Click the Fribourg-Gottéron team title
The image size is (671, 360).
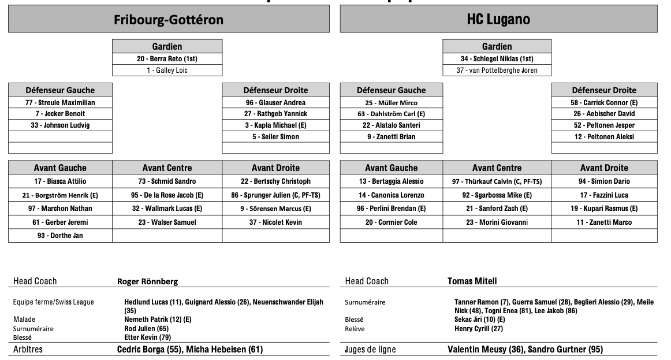pyautogui.click(x=169, y=20)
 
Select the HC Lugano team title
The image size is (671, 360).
pyautogui.click(x=498, y=20)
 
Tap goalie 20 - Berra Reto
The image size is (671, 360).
pyautogui.click(x=167, y=58)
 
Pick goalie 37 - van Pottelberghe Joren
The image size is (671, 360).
pyautogui.click(x=497, y=70)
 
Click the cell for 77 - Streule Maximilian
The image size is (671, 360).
pyautogui.click(x=60, y=103)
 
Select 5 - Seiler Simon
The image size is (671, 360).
pyautogui.click(x=275, y=137)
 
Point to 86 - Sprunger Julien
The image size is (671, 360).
pyautogui.click(x=275, y=195)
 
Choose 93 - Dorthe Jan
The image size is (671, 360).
pyautogui.click(x=60, y=235)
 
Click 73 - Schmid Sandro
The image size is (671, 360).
pyautogui.click(x=167, y=181)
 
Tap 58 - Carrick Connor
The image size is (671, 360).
pyautogui.click(x=604, y=103)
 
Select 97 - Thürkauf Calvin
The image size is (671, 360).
pyautogui.click(x=497, y=181)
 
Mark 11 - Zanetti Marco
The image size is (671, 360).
pyautogui.click(x=604, y=222)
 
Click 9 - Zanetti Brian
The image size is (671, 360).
pyautogui.click(x=392, y=137)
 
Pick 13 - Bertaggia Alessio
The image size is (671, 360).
pyautogui.click(x=392, y=181)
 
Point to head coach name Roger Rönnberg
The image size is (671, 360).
pyautogui.click(x=148, y=281)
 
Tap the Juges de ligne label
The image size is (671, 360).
pyautogui.click(x=370, y=349)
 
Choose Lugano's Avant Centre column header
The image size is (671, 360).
pyautogui.click(x=497, y=168)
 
